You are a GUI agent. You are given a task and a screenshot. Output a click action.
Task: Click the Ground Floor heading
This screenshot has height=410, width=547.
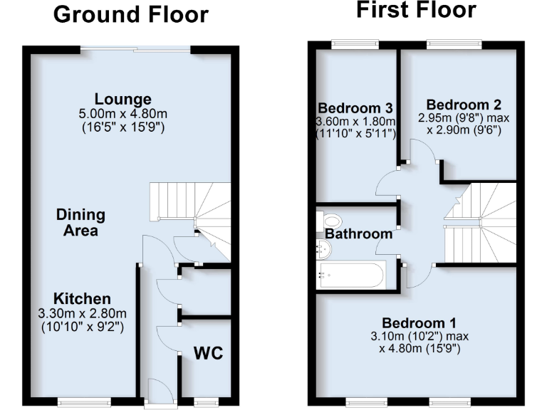coord(130,14)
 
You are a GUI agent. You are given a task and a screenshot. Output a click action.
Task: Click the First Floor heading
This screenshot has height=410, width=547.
coord(415,11)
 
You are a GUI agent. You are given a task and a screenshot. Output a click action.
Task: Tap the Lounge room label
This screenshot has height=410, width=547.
coord(123,99)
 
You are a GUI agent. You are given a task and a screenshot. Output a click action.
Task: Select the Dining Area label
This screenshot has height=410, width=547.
coord(80,222)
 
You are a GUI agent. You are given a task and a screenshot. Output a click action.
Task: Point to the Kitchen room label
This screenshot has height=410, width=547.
coord(80,298)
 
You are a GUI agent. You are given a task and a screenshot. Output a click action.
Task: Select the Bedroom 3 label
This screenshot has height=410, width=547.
coord(355,108)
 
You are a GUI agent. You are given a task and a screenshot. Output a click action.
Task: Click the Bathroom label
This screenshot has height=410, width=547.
coord(359,233)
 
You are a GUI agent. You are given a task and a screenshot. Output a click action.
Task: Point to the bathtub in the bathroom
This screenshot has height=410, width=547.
coord(353,274)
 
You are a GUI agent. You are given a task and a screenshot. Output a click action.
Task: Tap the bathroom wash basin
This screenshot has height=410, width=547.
coord(324,248)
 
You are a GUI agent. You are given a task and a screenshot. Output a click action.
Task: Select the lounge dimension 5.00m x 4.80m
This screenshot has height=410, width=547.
coord(123,113)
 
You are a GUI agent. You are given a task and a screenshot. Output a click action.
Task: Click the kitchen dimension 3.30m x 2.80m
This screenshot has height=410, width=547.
coord(80,313)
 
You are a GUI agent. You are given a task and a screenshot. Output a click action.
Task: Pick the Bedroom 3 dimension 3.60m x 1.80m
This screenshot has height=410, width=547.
coord(355,122)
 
